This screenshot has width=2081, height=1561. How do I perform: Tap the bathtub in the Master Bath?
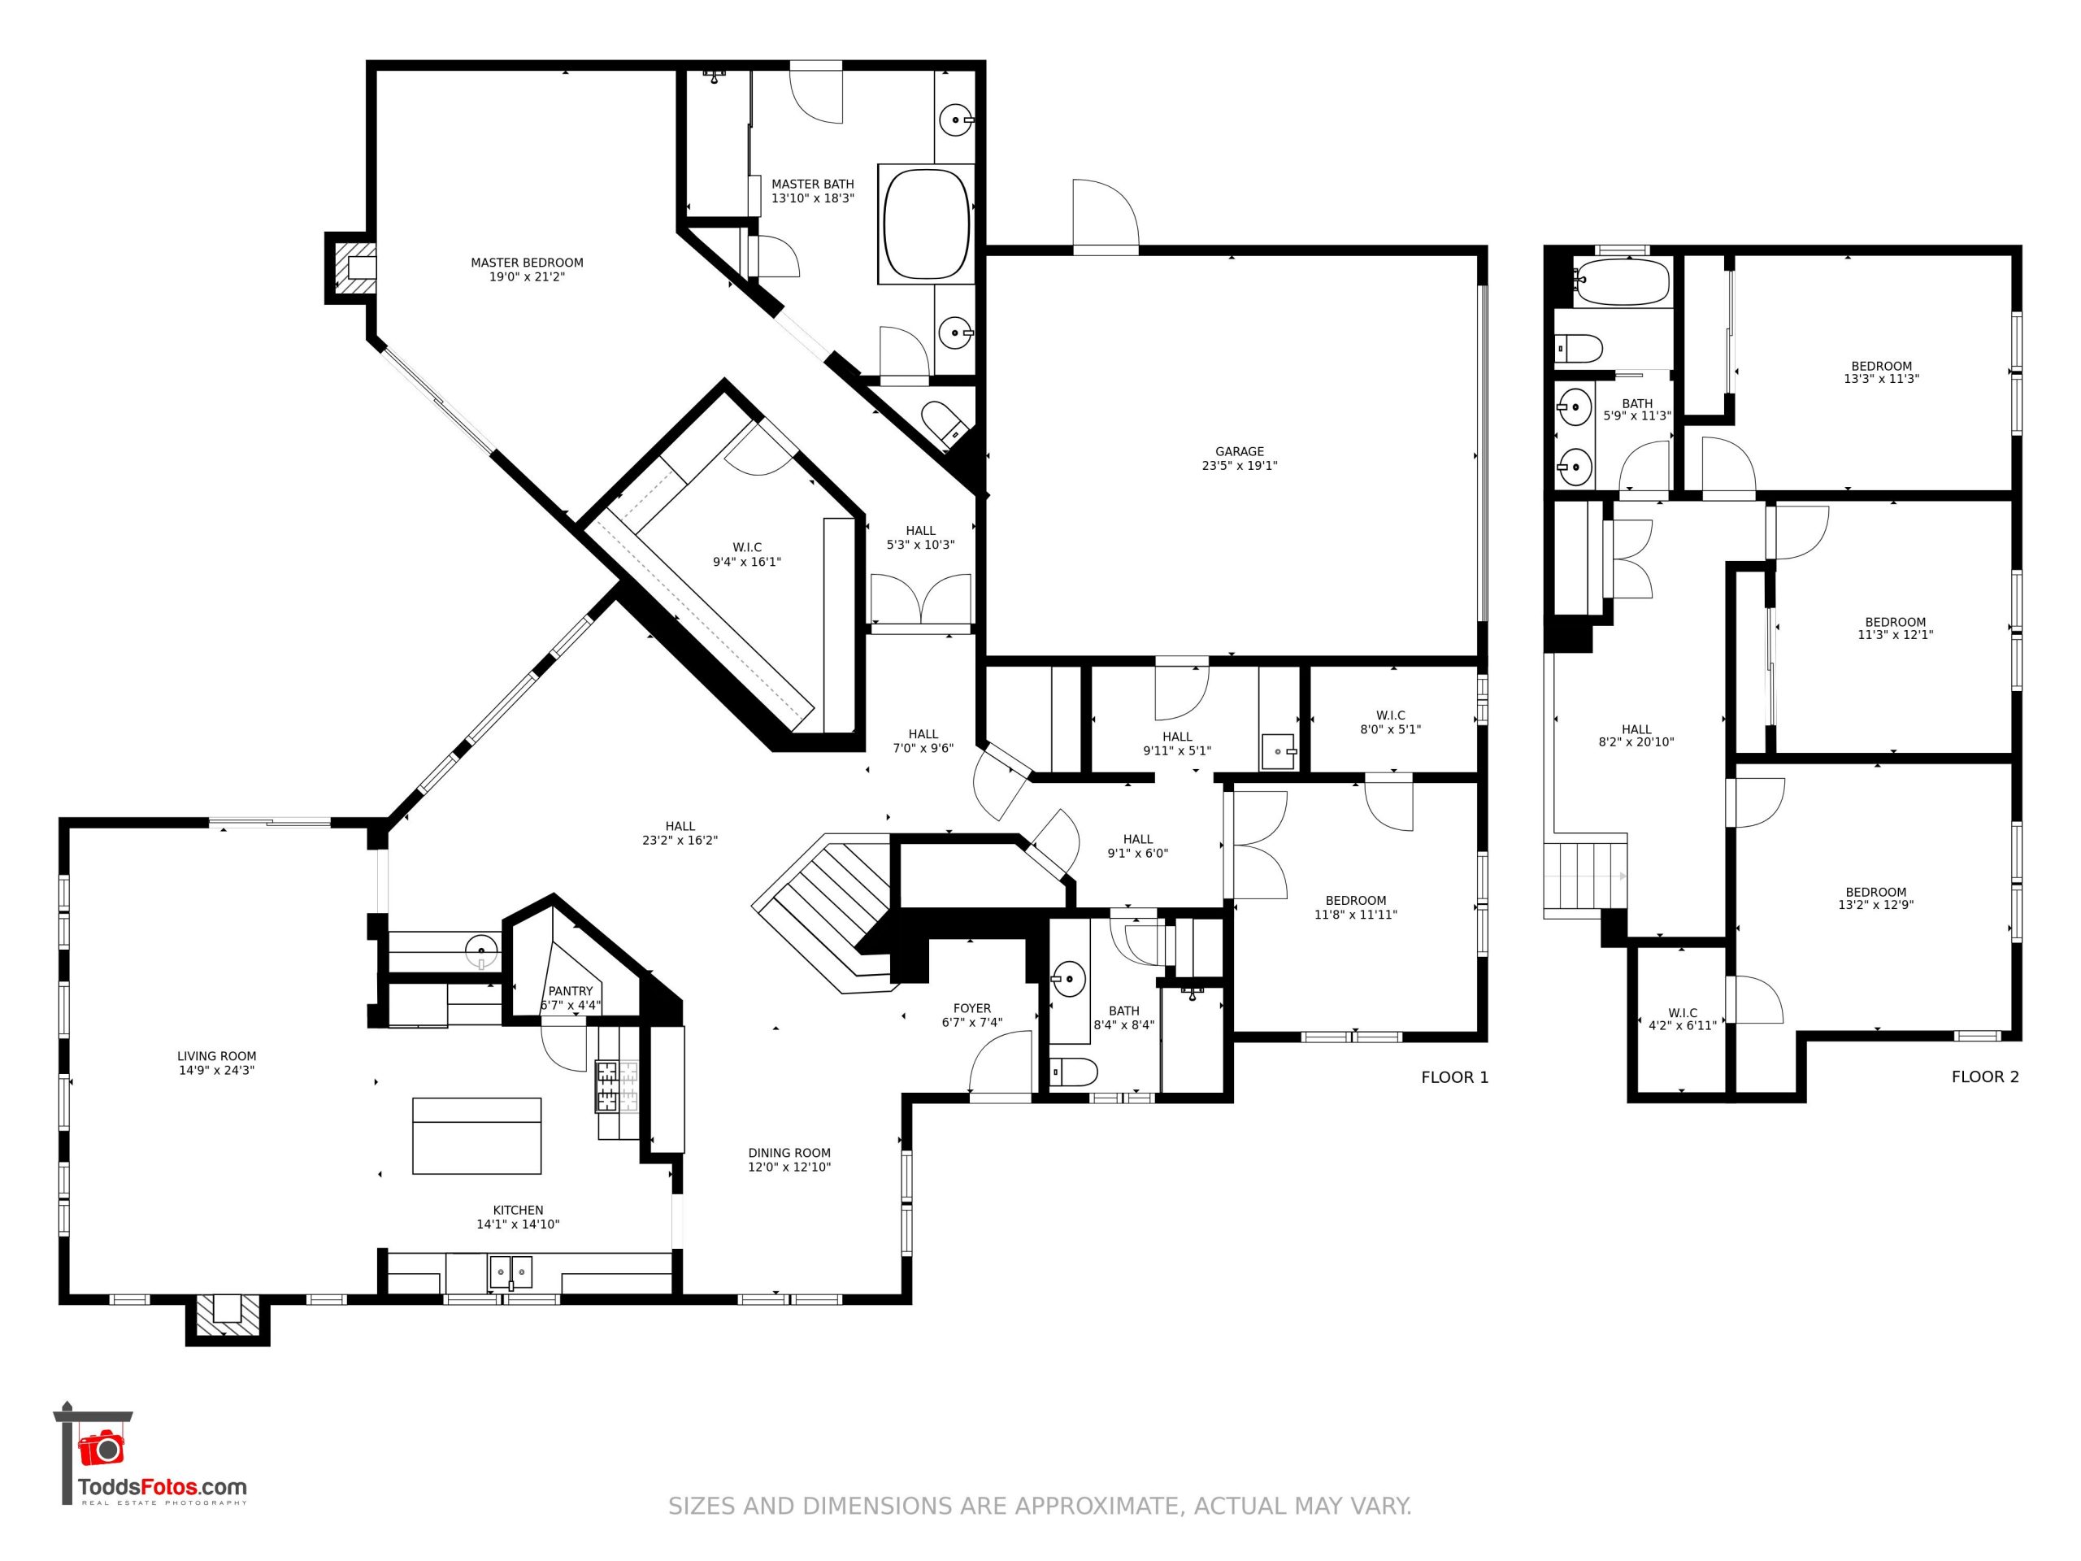[x=926, y=224]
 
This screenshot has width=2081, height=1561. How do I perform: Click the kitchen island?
[x=477, y=1136]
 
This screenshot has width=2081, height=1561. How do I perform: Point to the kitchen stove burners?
[x=616, y=1086]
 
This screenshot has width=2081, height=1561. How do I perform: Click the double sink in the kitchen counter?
[x=510, y=1273]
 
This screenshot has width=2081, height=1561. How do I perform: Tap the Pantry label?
[x=570, y=991]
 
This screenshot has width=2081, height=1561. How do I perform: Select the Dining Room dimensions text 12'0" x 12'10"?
[x=789, y=1167]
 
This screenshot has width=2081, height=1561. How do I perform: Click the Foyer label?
[x=972, y=1009]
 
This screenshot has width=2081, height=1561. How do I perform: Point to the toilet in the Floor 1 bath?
[x=1075, y=1072]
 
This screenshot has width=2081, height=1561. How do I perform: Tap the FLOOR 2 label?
[x=1985, y=1077]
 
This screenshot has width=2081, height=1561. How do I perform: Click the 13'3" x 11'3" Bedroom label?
[x=1882, y=372]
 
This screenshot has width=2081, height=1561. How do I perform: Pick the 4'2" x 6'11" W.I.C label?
[x=1682, y=1020]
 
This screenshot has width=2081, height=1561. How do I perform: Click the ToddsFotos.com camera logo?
[x=101, y=1448]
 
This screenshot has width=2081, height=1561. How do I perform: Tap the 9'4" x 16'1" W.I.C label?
[x=747, y=555]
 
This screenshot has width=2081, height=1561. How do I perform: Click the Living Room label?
[x=216, y=1063]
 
